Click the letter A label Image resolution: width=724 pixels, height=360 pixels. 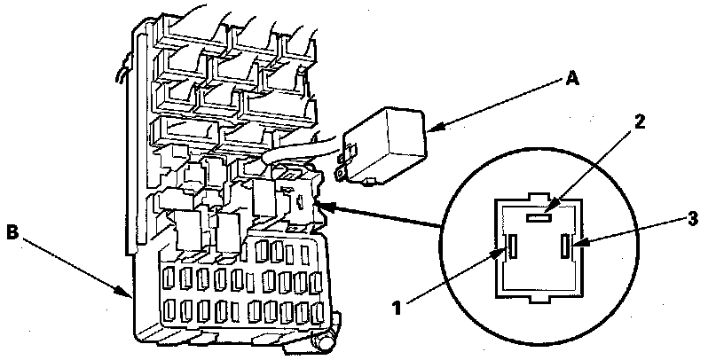point(571,79)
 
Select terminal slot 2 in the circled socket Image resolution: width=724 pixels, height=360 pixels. point(539,215)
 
